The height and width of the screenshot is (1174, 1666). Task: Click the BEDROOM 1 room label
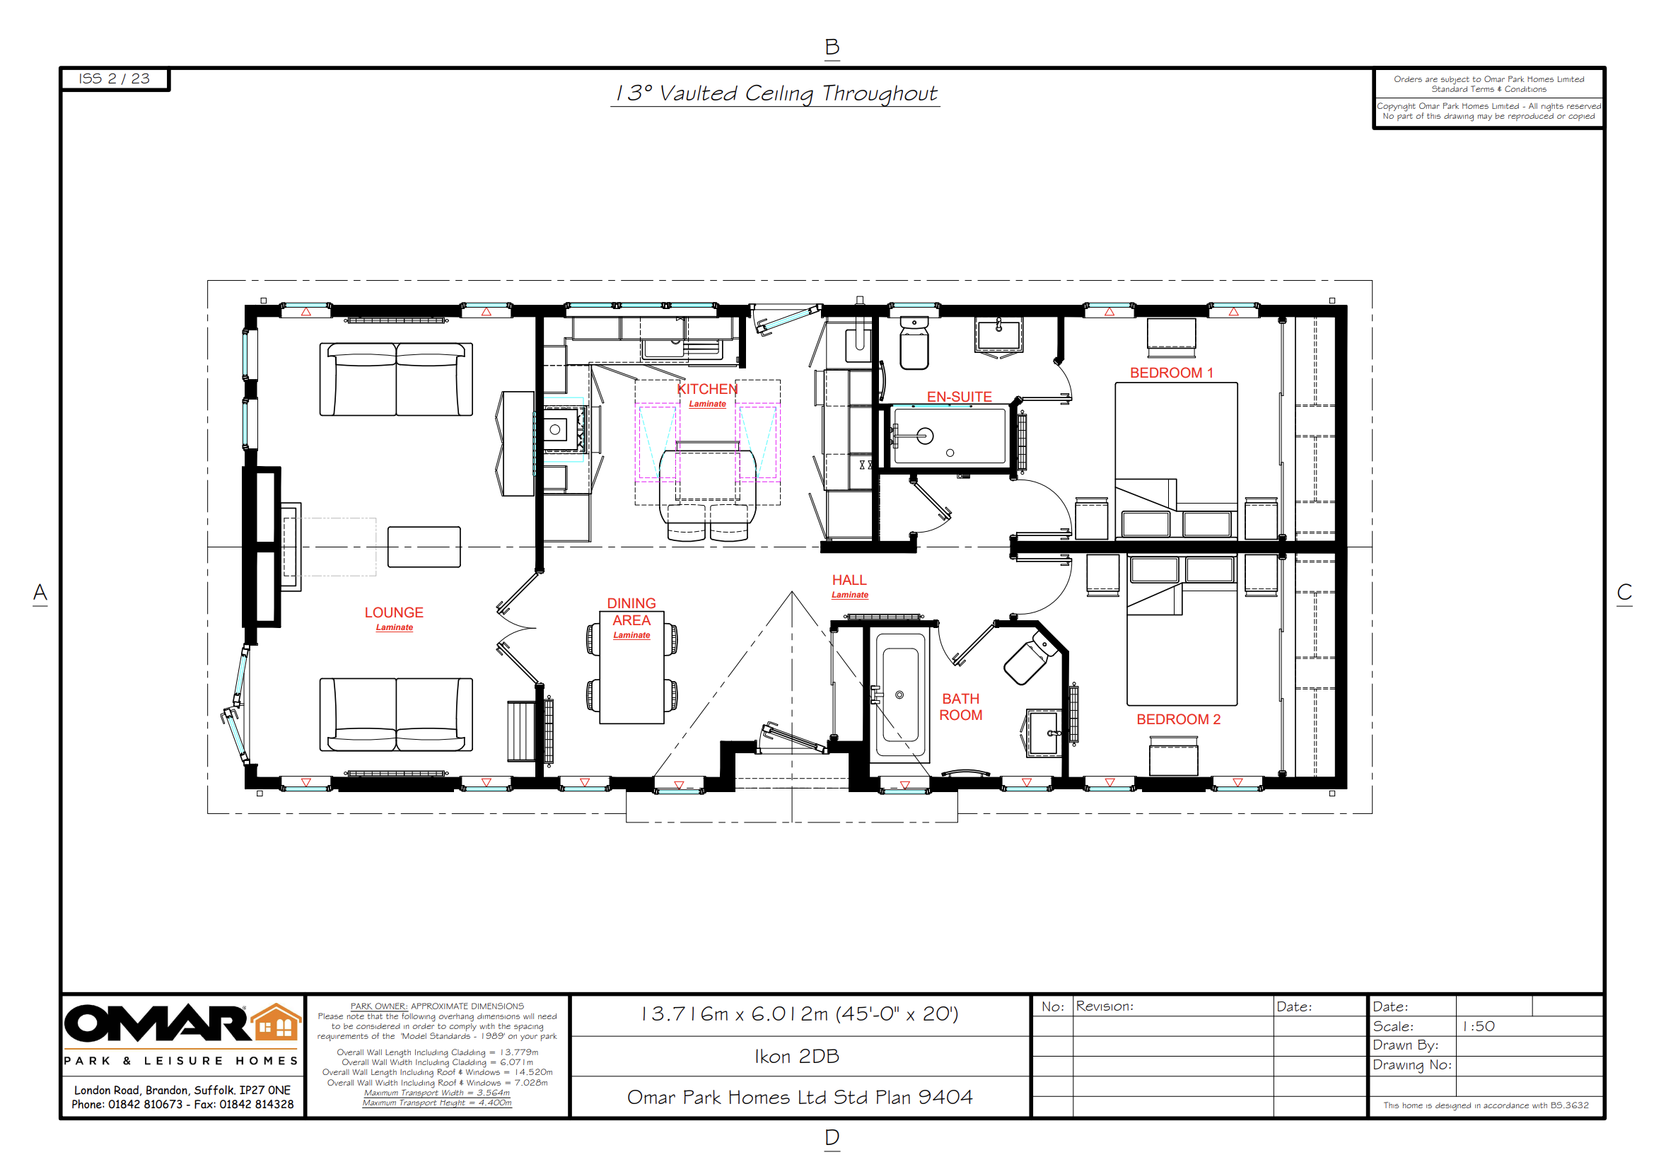pyautogui.click(x=1170, y=373)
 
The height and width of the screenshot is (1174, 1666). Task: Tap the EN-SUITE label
pyautogui.click(x=959, y=397)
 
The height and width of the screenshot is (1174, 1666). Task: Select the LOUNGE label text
pyautogui.click(x=393, y=613)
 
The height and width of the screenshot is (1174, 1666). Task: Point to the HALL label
pyautogui.click(x=849, y=581)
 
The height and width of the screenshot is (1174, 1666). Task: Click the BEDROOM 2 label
pyautogui.click(x=1177, y=720)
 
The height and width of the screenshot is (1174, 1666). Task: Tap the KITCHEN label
pyautogui.click(x=706, y=390)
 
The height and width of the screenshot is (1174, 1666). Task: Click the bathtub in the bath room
pyautogui.click(x=899, y=694)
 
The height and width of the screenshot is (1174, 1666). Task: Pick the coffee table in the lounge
pyautogui.click(x=424, y=547)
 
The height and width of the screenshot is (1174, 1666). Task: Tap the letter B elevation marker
pyautogui.click(x=832, y=47)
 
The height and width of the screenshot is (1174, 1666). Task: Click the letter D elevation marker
pyautogui.click(x=832, y=1138)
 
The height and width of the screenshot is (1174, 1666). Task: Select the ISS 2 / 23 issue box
pyautogui.click(x=115, y=79)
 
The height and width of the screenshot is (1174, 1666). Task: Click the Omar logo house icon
pyautogui.click(x=276, y=1023)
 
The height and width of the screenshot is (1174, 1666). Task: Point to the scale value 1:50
pyautogui.click(x=1478, y=1027)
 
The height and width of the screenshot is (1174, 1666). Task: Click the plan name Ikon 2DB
pyautogui.click(x=797, y=1057)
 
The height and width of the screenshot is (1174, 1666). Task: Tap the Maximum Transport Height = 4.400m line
pyautogui.click(x=437, y=1103)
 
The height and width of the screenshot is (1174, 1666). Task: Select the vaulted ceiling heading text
pyautogui.click(x=775, y=93)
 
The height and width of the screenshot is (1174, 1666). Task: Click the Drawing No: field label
pyautogui.click(x=1411, y=1065)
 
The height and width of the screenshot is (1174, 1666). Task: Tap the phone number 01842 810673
pyautogui.click(x=145, y=1105)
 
